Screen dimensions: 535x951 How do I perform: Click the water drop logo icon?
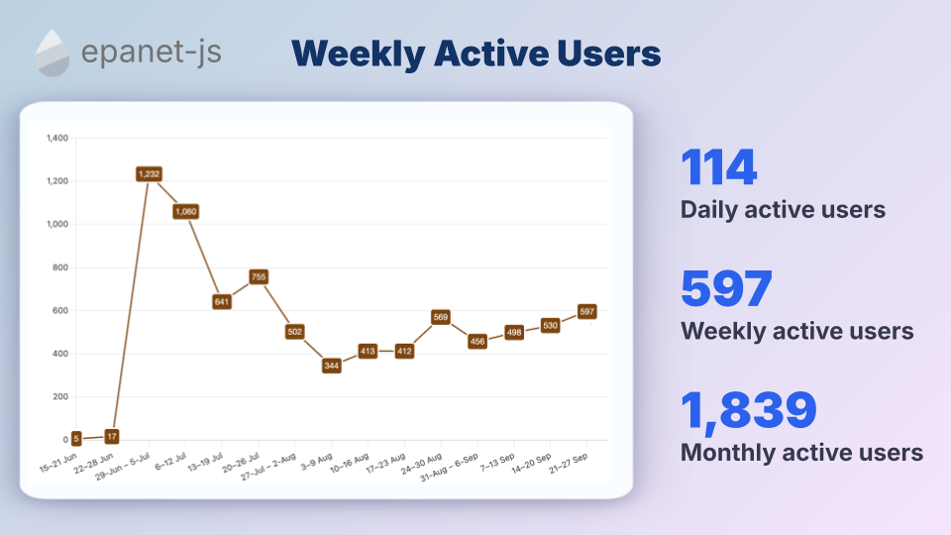[53, 53]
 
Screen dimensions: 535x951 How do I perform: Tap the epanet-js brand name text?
[153, 53]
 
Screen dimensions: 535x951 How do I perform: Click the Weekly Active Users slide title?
[476, 53]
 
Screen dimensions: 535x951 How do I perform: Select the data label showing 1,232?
[149, 173]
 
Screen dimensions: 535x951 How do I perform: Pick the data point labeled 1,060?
[185, 211]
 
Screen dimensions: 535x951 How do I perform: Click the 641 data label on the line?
[222, 302]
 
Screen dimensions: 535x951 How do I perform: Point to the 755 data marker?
[259, 277]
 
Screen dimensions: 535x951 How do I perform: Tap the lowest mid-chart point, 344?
[332, 366]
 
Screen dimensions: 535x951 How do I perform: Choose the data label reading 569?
[441, 317]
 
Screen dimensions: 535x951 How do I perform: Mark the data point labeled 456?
[477, 342]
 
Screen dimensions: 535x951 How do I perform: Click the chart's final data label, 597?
[586, 311]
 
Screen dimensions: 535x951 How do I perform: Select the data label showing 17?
[112, 436]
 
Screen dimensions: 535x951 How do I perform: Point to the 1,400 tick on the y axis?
[56, 138]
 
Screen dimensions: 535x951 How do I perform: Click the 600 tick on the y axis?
[59, 310]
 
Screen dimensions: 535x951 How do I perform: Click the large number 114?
[719, 168]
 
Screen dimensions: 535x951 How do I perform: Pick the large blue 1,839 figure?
[748, 411]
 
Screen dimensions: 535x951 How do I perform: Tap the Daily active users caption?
[783, 210]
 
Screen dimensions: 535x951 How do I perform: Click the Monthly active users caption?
[801, 453]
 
